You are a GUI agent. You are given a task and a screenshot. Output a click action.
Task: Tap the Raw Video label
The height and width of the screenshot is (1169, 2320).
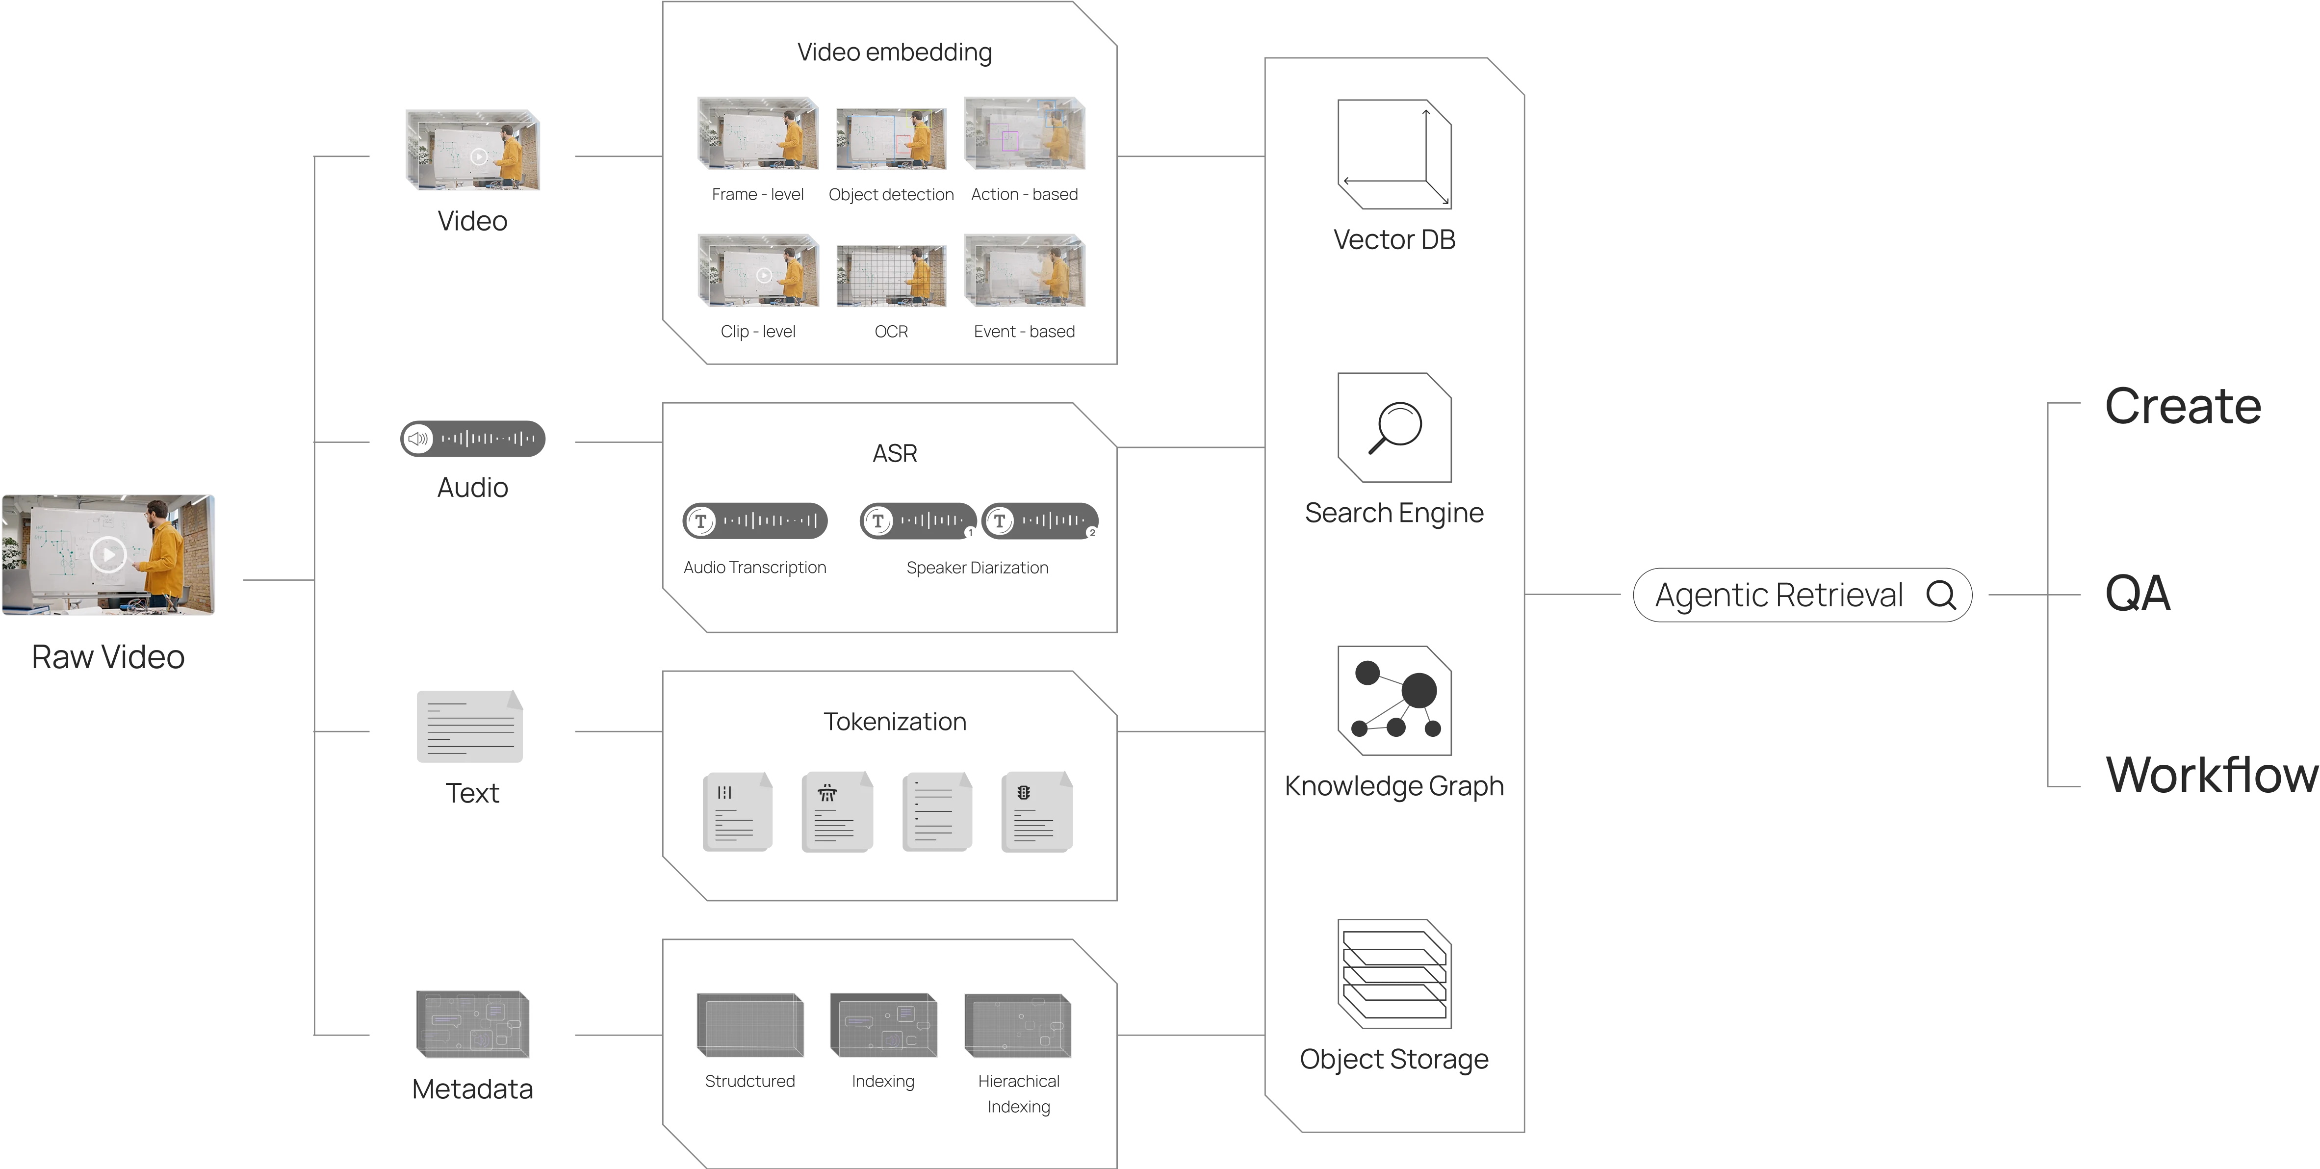click(x=107, y=657)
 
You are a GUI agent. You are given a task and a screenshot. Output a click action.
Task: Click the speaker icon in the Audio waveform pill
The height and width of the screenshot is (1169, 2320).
click(x=418, y=440)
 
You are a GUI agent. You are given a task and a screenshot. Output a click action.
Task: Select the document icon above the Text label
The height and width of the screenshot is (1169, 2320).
click(x=470, y=727)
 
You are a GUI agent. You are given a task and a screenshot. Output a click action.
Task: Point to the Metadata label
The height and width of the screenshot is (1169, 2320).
click(x=472, y=1088)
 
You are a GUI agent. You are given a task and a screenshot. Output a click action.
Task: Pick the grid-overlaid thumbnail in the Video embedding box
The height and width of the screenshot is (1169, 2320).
click(x=892, y=276)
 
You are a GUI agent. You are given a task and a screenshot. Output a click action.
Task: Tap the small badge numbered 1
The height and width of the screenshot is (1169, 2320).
click(x=971, y=533)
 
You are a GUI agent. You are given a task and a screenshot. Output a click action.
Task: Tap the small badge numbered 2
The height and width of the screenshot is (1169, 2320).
click(x=1091, y=533)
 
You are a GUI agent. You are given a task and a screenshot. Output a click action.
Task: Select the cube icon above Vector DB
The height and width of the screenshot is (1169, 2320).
click(x=1394, y=155)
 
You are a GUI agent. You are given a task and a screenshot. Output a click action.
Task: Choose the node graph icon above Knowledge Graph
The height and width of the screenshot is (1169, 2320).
click(x=1394, y=701)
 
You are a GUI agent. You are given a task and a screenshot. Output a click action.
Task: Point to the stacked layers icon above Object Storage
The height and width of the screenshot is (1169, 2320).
click(x=1394, y=974)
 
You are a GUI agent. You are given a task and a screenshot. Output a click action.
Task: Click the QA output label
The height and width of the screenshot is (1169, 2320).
click(x=2136, y=595)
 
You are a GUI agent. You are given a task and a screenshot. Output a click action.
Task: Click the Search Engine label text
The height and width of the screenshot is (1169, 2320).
click(x=1394, y=513)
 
